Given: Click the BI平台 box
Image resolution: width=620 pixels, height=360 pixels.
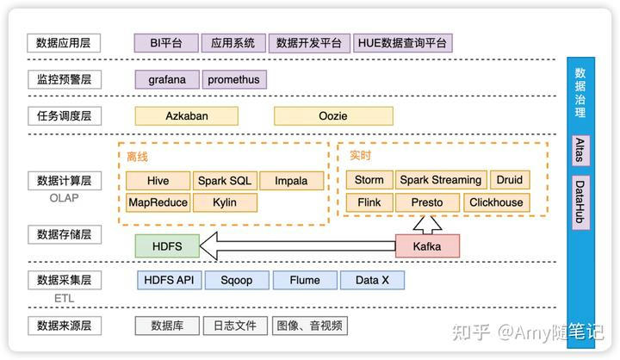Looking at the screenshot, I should [x=166, y=43].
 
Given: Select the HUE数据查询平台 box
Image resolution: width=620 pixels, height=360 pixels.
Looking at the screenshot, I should [x=403, y=43].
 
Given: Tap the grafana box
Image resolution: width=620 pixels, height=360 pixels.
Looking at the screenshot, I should [x=166, y=79].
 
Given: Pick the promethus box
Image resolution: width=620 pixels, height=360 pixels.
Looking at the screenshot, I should [x=233, y=79].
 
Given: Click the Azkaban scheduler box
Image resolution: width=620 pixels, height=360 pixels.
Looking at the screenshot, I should [x=187, y=115].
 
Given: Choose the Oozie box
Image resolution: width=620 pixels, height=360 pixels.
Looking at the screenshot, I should [x=333, y=115].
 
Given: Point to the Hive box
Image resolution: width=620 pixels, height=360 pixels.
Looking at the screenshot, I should [x=158, y=181].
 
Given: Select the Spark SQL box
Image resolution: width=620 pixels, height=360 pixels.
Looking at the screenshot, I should [x=224, y=181].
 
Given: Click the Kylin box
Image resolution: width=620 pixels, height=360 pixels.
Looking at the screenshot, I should [x=224, y=203].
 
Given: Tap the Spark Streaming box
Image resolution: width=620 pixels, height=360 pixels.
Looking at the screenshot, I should [x=440, y=180].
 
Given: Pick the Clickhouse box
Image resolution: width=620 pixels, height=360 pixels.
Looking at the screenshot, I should [x=495, y=203].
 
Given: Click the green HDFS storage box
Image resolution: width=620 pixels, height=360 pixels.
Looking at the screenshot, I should [x=167, y=246].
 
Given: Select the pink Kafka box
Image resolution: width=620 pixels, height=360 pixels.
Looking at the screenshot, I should [x=427, y=246].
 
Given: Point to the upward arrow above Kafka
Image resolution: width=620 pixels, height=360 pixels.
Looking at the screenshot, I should [x=427, y=224].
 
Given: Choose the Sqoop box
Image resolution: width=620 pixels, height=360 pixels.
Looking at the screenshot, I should [x=236, y=280].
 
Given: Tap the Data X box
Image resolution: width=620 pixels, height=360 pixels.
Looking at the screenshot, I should [x=372, y=280].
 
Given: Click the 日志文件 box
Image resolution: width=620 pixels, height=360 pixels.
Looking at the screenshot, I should [x=235, y=326].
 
